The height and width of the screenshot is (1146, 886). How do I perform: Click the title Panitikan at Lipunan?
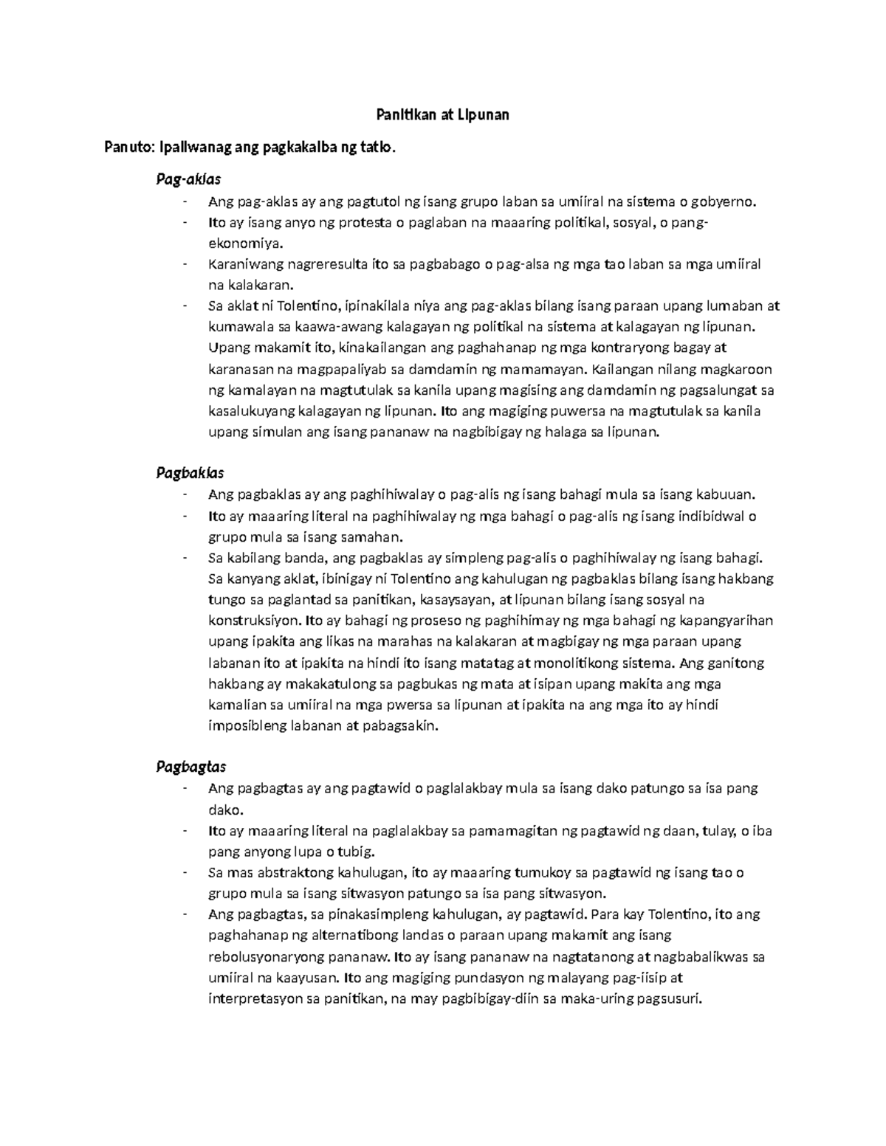(x=442, y=115)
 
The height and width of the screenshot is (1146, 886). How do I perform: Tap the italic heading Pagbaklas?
(x=190, y=472)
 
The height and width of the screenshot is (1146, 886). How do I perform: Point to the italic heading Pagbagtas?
(x=190, y=766)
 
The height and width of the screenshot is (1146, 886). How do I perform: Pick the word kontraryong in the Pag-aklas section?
(x=637, y=348)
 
